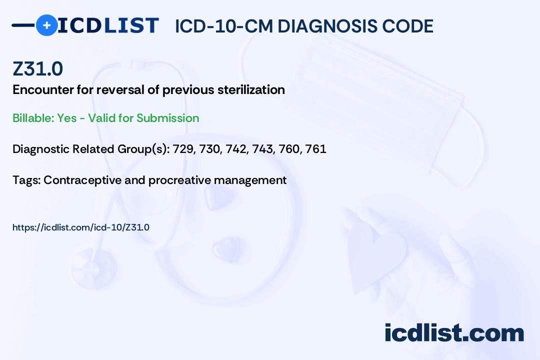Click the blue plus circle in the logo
coord(46,25)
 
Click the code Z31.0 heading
coord(38,68)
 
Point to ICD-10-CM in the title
coord(224,26)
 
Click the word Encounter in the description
coord(43,90)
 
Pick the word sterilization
coord(251,90)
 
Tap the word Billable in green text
coord(33,118)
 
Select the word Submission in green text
coord(167,118)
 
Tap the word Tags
coord(26,180)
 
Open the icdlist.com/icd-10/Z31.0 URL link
coord(81,227)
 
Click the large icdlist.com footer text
coord(454,333)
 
